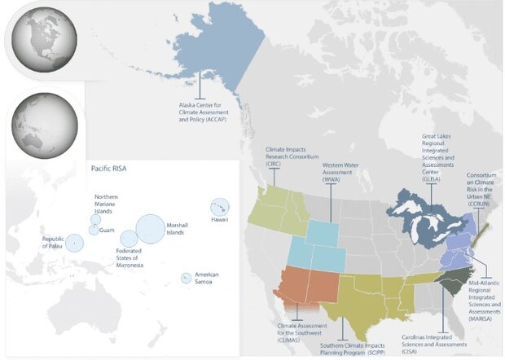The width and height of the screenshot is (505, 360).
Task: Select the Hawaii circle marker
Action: [219, 207]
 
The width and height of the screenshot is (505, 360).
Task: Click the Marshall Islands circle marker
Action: [151, 228]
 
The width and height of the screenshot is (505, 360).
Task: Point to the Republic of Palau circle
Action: [73, 242]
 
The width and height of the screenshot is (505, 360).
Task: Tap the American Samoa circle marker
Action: [187, 278]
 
